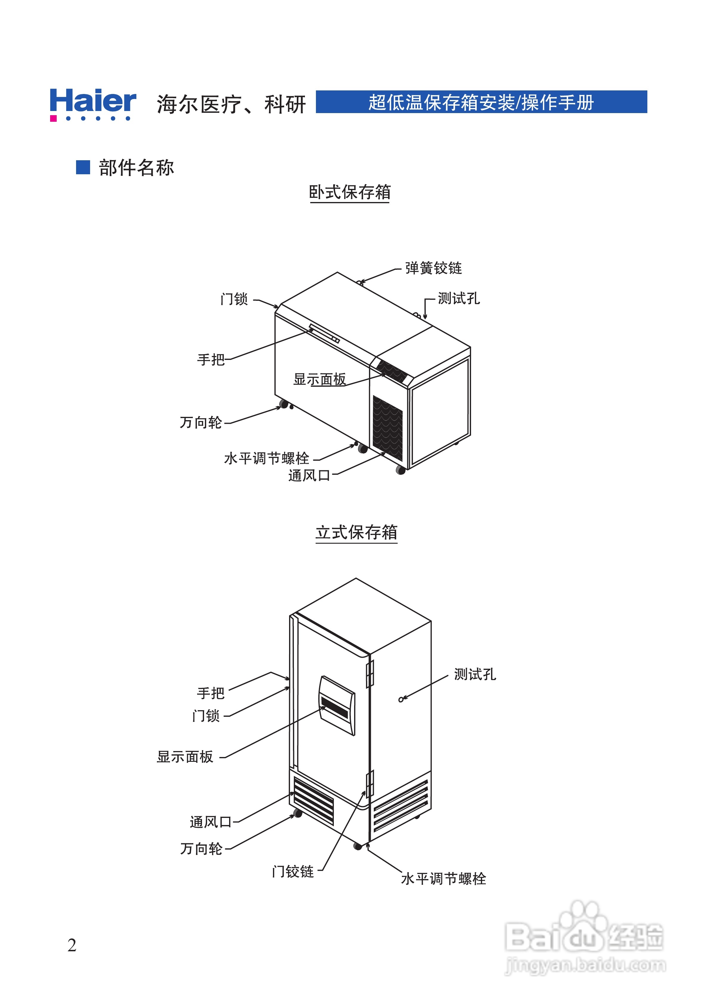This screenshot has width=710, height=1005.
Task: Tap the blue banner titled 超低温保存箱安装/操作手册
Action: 481,102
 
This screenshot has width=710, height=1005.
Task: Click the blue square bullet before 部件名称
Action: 83,167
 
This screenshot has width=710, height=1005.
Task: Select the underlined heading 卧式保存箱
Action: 349,192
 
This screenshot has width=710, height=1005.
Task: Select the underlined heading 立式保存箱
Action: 356,532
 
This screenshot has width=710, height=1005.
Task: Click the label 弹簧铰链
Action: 433,268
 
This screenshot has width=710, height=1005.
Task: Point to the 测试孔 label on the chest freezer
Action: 459,298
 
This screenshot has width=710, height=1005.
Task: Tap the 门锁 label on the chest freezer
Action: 234,299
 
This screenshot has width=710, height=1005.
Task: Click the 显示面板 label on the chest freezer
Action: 319,379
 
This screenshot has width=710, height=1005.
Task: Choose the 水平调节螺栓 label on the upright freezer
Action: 443,878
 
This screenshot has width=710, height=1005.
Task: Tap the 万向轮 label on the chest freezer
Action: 201,423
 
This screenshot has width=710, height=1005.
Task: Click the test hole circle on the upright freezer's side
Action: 401,699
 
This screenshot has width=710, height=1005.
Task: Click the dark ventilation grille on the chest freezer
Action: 388,427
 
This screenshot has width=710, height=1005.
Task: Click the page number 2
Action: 72,946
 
